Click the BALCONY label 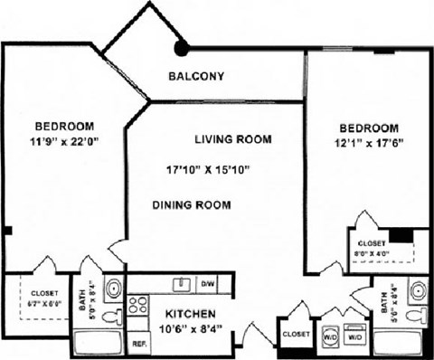[196, 76]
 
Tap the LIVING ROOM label [233, 139]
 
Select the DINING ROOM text [191, 205]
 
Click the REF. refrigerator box [140, 344]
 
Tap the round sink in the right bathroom [418, 290]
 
